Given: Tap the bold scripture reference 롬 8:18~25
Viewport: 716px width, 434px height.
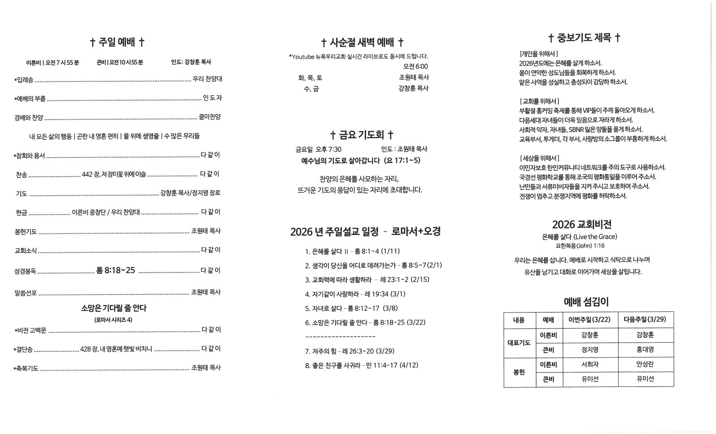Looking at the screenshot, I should pos(115,270).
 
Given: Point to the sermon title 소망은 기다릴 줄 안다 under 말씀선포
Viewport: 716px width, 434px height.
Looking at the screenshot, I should pos(114,308).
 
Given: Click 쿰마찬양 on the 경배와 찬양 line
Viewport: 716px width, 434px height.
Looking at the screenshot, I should pos(209,117).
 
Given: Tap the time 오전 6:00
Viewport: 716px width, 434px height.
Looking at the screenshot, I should pos(415,67).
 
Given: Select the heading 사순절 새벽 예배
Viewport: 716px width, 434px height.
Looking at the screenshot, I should pos(362,42).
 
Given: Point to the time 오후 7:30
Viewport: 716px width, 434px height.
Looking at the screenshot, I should pos(328,149).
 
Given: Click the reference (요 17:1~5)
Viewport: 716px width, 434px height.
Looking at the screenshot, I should pos(402,160).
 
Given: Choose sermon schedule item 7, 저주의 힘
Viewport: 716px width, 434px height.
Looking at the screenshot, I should pos(349,351).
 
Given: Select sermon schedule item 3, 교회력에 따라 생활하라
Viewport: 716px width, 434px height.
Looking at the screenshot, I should pos(367,280).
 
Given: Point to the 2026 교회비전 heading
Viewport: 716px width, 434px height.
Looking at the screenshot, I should pos(582,224).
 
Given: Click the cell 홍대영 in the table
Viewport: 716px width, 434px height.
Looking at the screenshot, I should pos(645,350).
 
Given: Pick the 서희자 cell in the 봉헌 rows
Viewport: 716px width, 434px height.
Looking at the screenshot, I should pos(590,364).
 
